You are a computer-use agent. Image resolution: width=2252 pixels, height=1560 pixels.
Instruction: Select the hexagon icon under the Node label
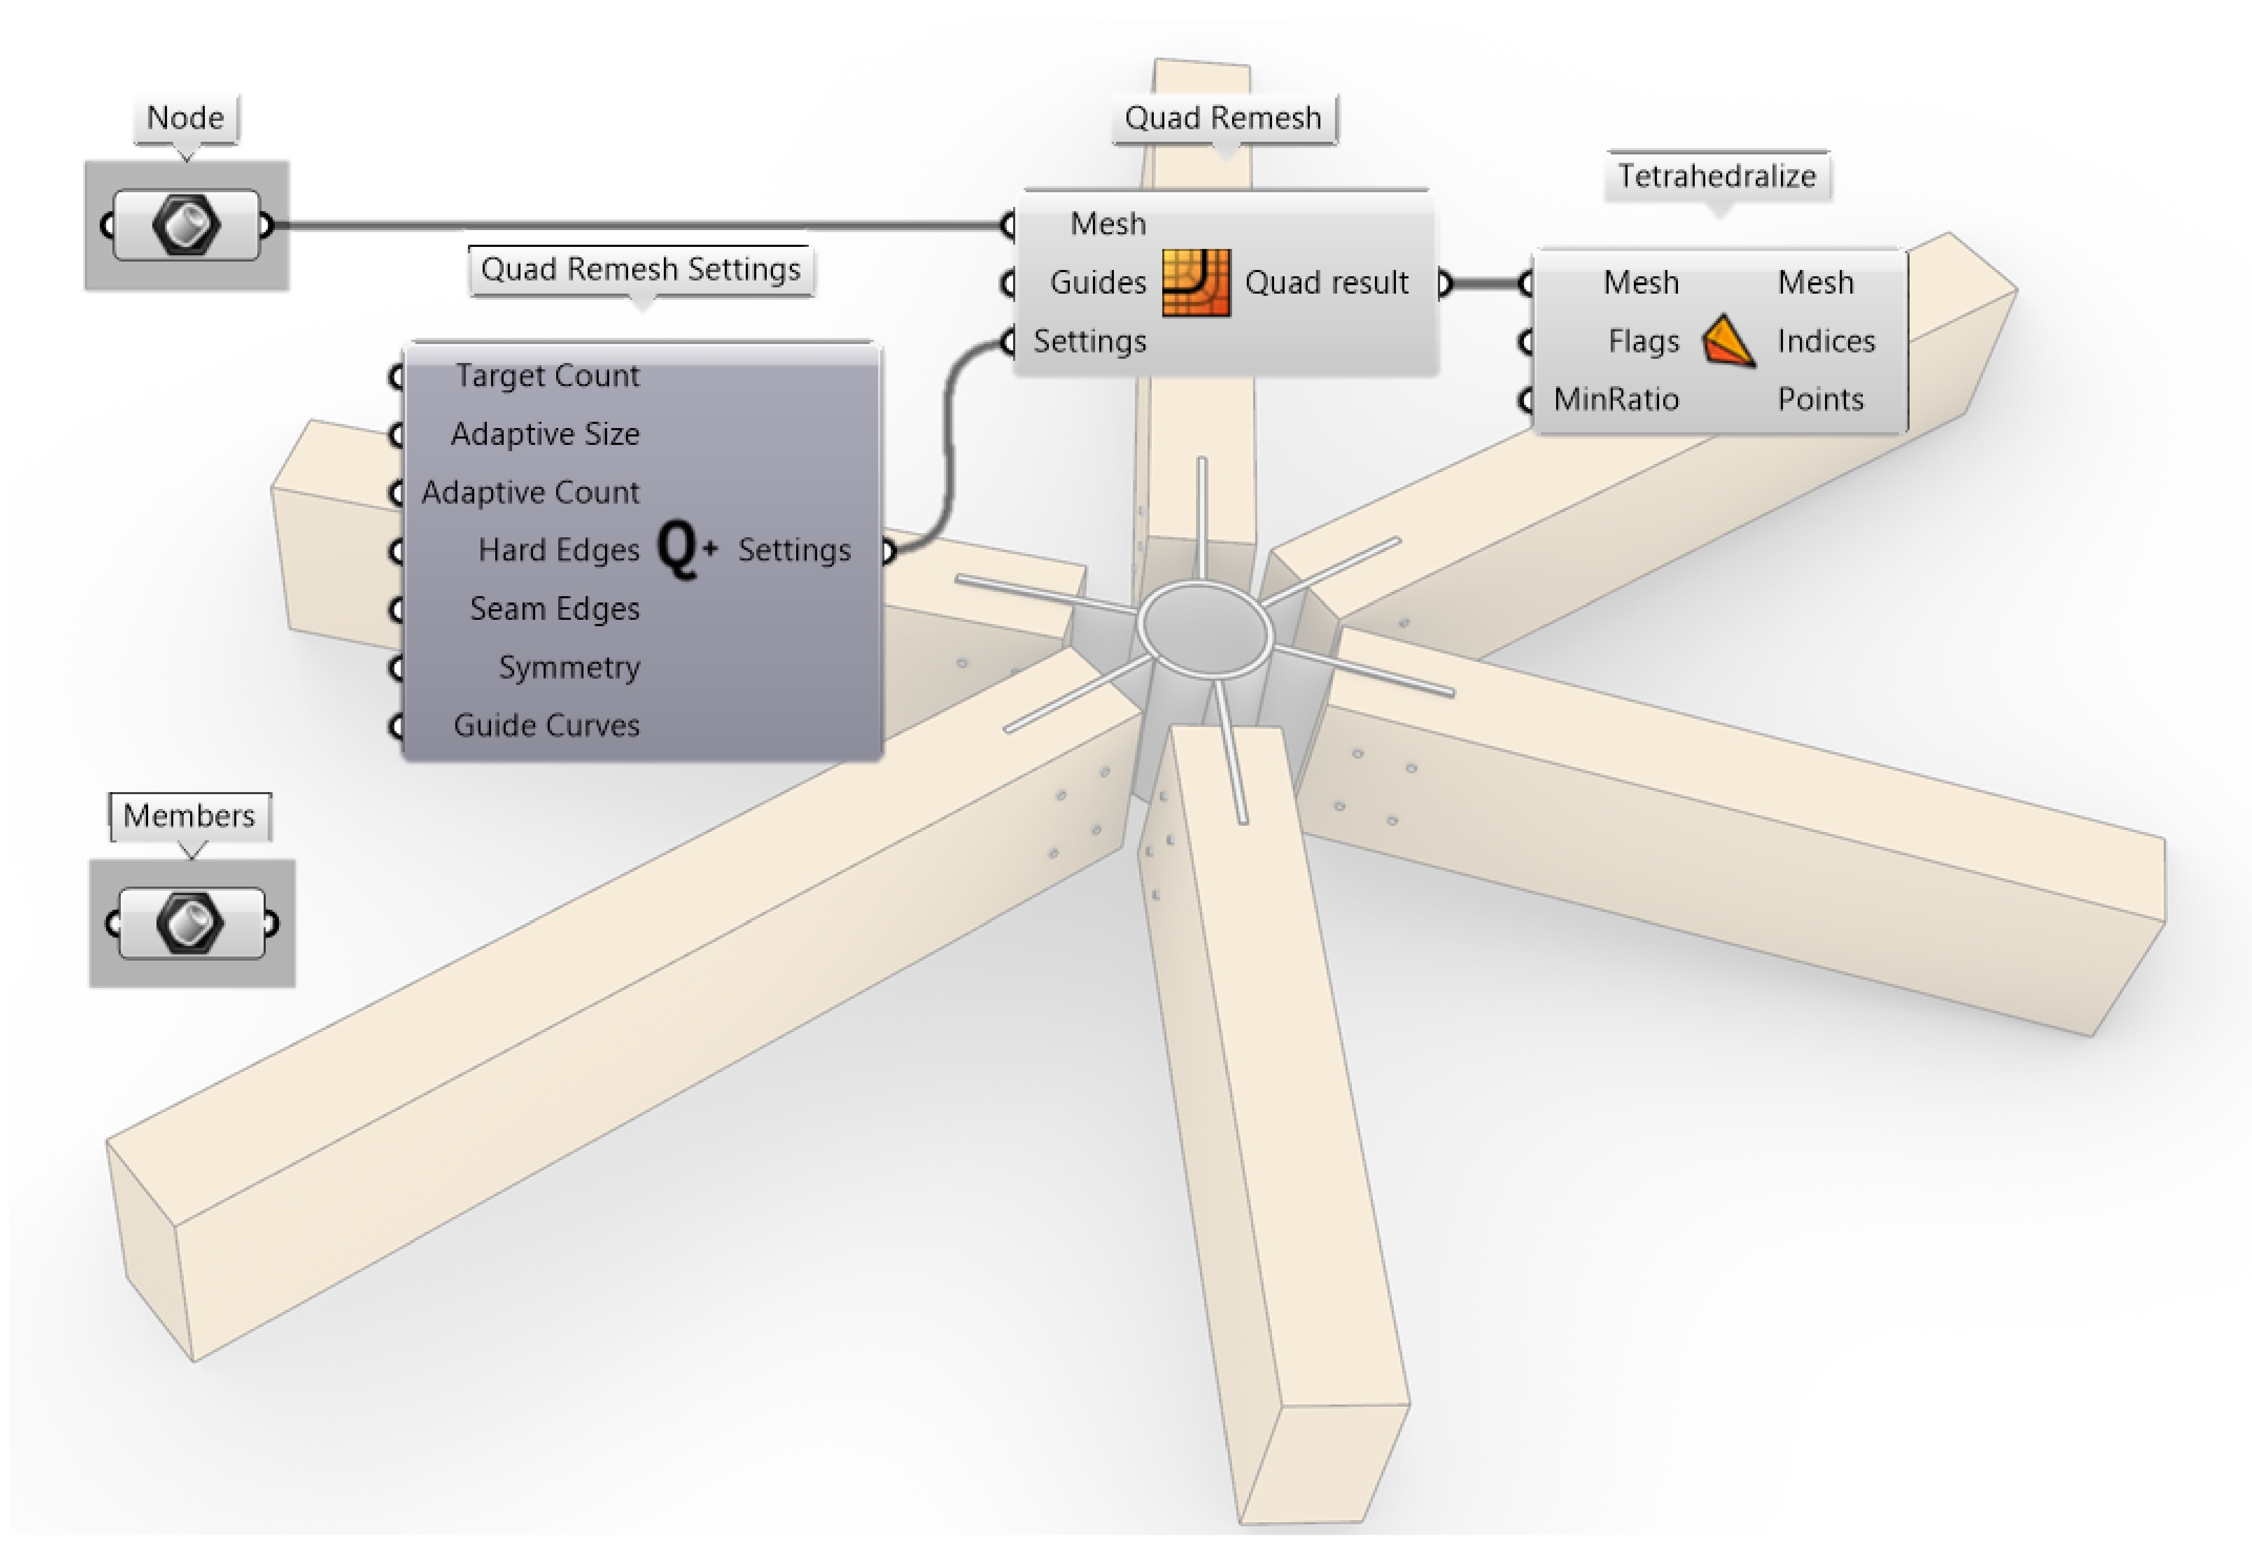click(x=186, y=225)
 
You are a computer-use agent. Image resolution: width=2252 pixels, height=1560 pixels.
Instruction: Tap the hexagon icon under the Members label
click(x=191, y=923)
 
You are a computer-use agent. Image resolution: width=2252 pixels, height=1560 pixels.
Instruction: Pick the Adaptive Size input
click(x=545, y=434)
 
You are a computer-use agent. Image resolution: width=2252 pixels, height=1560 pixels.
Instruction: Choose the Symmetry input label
click(x=569, y=668)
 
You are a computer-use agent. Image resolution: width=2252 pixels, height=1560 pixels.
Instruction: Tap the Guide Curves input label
click(x=546, y=725)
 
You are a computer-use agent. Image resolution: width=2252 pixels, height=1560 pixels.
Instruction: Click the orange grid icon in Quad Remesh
click(x=1195, y=283)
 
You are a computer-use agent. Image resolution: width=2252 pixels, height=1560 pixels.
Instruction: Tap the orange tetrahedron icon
click(x=1727, y=341)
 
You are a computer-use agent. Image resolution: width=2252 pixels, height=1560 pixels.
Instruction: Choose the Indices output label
click(x=1825, y=341)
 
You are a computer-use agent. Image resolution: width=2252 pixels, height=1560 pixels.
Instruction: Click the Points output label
click(x=1820, y=400)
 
